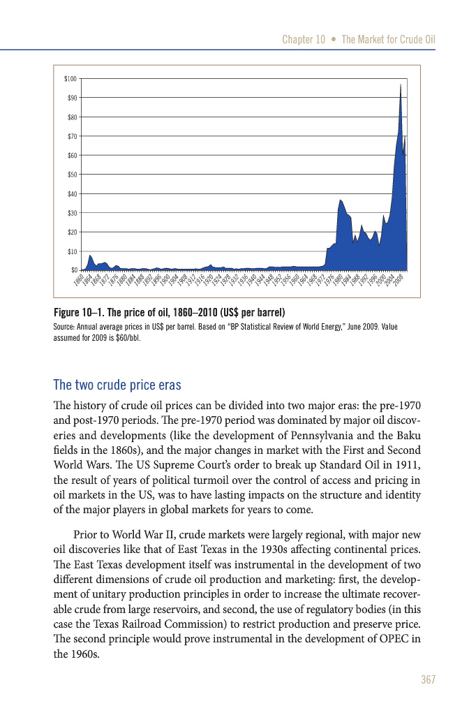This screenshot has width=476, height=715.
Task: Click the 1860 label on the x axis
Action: [78, 281]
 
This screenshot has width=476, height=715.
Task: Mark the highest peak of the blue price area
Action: [401, 84]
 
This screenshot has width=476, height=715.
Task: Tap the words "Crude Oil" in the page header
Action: [415, 40]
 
